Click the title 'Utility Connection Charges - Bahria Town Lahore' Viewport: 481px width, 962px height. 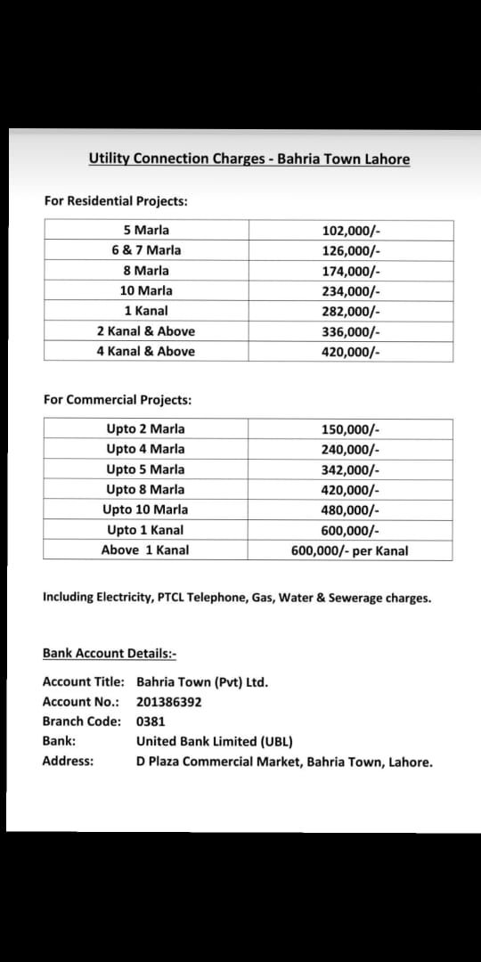(249, 159)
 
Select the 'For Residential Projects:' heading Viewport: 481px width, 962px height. (116, 201)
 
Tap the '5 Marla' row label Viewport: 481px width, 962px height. (146, 231)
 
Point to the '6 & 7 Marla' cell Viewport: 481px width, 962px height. (146, 250)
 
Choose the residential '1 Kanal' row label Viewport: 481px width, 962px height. (146, 311)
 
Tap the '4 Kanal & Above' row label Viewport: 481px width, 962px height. (146, 351)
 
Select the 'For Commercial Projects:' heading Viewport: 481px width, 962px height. (118, 400)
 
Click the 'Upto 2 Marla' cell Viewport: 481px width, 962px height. (145, 428)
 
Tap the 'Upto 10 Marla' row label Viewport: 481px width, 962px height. (145, 510)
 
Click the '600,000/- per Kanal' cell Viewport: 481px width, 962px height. (350, 550)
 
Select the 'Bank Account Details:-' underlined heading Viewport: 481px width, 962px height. (110, 654)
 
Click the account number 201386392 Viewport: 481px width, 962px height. (169, 702)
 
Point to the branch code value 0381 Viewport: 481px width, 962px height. (151, 721)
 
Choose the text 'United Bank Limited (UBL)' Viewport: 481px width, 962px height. (215, 741)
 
